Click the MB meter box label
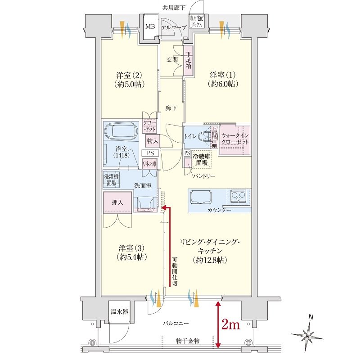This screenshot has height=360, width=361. (x=150, y=27)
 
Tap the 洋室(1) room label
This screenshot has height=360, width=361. (x=223, y=79)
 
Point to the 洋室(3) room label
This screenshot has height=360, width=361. (x=132, y=252)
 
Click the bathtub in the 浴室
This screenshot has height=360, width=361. (x=122, y=132)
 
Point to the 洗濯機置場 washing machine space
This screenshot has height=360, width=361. (x=111, y=180)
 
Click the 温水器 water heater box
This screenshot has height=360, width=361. (x=119, y=311)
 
